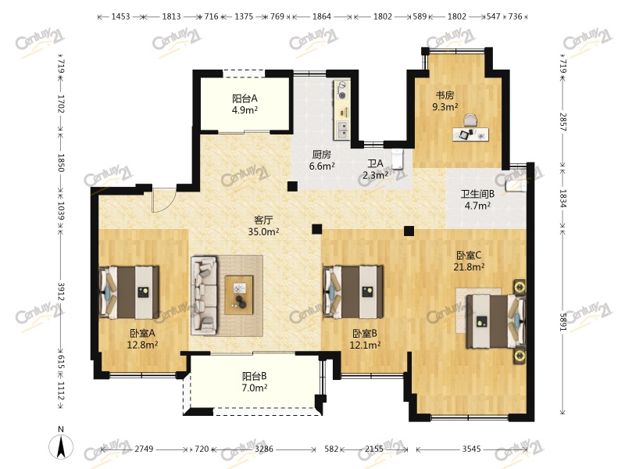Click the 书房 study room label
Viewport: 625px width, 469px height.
coord(445,95)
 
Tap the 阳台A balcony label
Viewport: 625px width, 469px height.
coord(245,98)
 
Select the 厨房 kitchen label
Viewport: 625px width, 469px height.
coord(322,154)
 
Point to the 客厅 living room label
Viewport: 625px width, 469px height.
coord(263,220)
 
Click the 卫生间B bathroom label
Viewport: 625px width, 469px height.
coord(477,194)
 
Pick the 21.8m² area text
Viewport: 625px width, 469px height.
coord(469,267)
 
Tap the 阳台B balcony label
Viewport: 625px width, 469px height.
coord(255,376)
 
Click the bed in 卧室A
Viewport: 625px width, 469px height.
coord(129,292)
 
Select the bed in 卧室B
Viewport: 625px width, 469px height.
coord(353,292)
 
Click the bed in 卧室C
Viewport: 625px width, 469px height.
coord(496,321)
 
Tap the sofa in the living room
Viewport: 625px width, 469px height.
coord(204,295)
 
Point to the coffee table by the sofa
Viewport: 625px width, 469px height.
coord(239,295)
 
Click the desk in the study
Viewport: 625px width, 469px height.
coord(471,134)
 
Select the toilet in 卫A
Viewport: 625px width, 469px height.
coord(398,159)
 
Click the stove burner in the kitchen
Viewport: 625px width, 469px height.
coord(342,90)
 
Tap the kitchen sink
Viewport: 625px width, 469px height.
coord(342,129)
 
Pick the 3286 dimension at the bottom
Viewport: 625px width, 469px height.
coord(264,449)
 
